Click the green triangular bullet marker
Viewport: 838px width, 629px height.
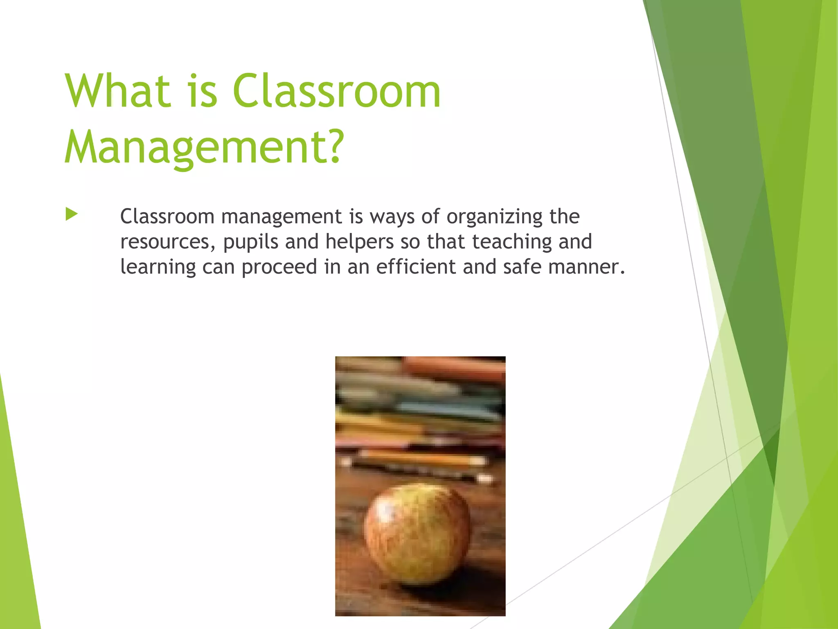pos(71,214)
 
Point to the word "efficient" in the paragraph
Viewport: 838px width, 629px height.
pos(416,267)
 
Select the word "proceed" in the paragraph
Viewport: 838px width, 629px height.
pos(279,267)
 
